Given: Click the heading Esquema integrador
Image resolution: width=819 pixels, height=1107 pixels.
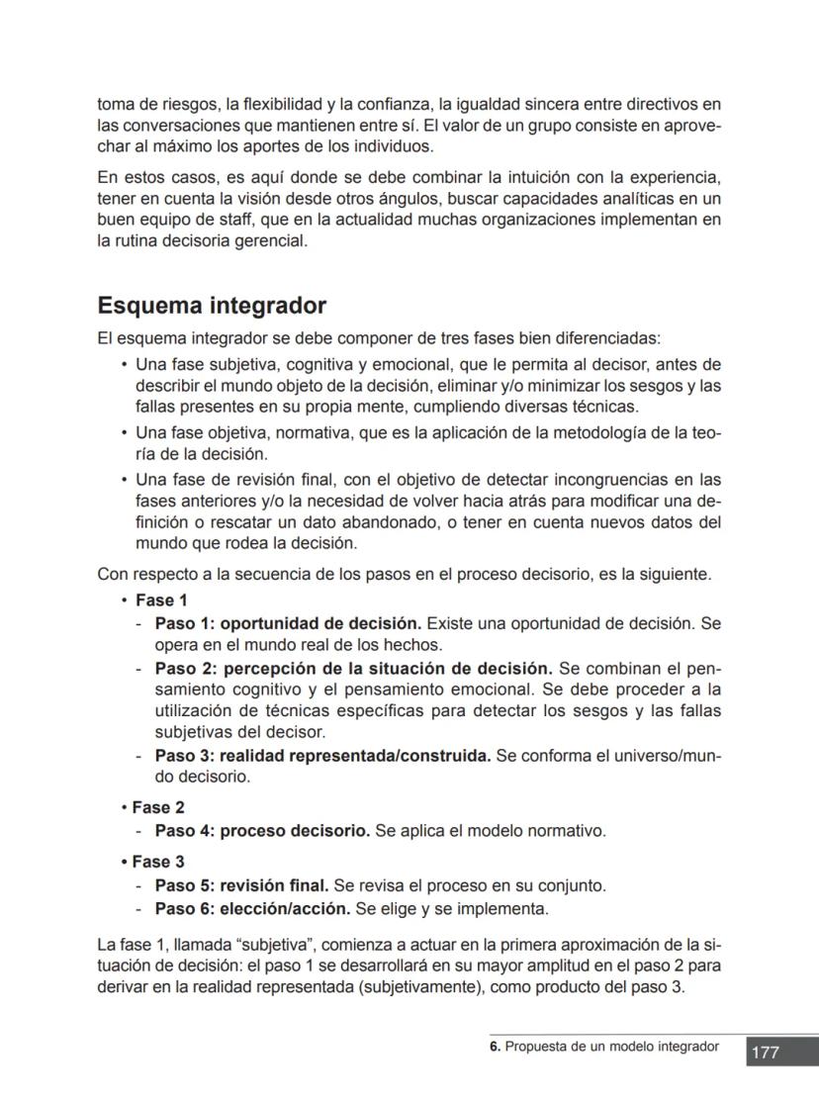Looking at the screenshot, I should click(212, 306).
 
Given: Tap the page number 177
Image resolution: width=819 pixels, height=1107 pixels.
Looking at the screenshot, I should click(766, 1053).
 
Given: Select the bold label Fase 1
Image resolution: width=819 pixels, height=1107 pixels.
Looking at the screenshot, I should click(161, 600).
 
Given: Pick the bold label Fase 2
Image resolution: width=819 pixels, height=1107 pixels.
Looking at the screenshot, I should click(158, 807).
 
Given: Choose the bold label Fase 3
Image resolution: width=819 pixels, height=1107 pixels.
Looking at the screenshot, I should click(158, 862).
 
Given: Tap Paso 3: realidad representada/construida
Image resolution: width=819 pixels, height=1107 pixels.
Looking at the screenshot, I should click(322, 755).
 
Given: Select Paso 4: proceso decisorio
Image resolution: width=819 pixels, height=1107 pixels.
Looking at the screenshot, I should click(262, 831).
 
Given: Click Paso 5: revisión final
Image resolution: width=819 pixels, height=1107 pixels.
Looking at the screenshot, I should click(242, 885).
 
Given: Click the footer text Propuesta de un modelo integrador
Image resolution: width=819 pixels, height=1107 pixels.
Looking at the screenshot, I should click(612, 1047).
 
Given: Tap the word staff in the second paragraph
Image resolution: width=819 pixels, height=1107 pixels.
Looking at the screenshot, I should click(214, 219).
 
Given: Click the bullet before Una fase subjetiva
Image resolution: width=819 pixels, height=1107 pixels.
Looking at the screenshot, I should click(124, 364).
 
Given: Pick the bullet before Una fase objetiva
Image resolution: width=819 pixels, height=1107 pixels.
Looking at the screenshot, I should click(124, 434).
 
